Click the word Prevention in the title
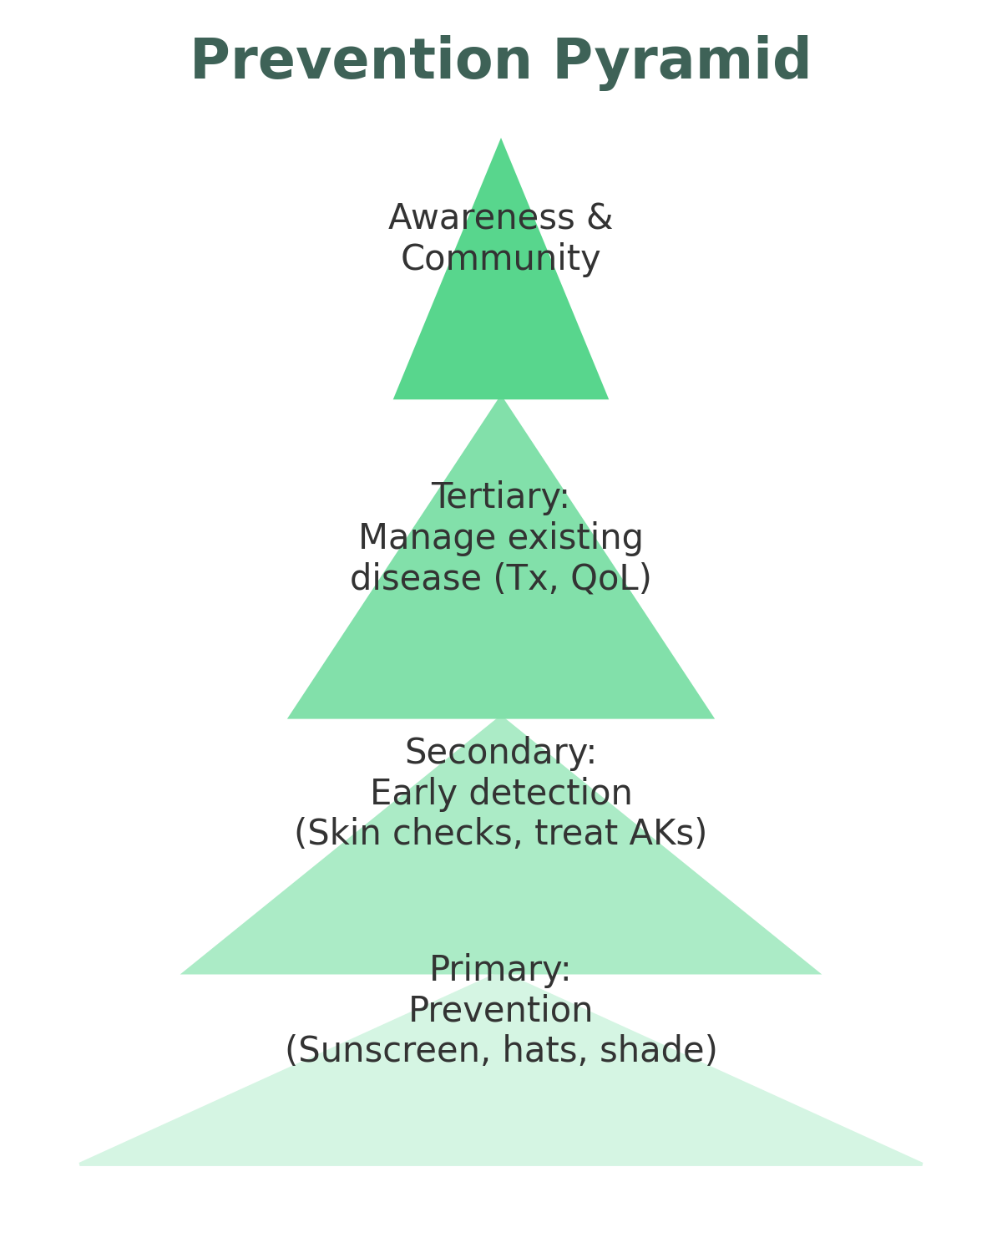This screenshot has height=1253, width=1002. [361, 61]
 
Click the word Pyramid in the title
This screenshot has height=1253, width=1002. [681, 61]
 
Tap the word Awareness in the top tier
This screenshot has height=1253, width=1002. [482, 218]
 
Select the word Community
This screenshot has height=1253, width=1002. [500, 259]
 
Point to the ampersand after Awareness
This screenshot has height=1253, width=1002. [600, 218]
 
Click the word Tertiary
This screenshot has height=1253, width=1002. [500, 497]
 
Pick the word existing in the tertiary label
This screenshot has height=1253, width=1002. [584, 538]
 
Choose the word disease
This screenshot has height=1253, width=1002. [417, 579]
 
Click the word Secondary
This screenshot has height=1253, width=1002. [500, 753]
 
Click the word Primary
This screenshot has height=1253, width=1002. [499, 970]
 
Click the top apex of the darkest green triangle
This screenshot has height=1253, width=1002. [501, 140]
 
